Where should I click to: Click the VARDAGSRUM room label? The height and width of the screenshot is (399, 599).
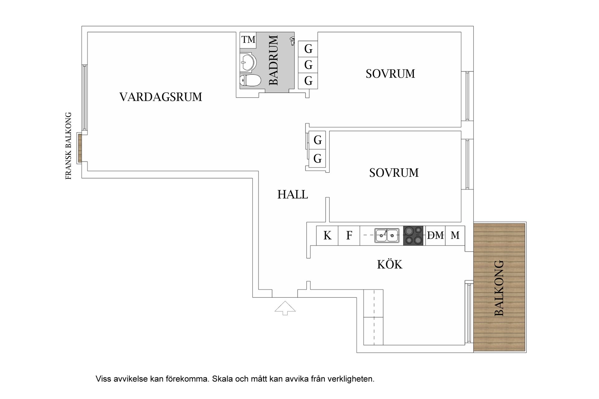click(x=161, y=97)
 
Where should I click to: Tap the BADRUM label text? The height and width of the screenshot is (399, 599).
click(x=273, y=60)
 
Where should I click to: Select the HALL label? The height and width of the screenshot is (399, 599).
click(x=292, y=195)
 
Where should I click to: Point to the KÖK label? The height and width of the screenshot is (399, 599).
click(x=390, y=265)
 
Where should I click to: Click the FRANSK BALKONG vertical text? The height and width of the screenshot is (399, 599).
click(x=68, y=146)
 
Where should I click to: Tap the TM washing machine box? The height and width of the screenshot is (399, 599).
click(x=248, y=40)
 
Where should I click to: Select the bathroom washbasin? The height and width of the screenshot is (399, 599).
click(x=248, y=62)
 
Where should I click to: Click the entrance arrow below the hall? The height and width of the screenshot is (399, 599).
click(x=285, y=308)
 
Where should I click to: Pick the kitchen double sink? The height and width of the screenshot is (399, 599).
click(x=387, y=235)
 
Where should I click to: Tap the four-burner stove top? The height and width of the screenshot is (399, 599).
click(x=413, y=235)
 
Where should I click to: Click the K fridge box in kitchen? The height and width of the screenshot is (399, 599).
click(x=327, y=236)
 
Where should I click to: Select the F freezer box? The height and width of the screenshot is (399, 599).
click(x=349, y=236)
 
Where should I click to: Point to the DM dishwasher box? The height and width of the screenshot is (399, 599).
click(x=435, y=235)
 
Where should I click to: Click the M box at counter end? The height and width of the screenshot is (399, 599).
click(x=455, y=235)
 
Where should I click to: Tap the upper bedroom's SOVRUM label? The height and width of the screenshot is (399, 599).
click(x=390, y=74)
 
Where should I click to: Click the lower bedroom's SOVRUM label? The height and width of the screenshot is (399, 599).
click(x=394, y=173)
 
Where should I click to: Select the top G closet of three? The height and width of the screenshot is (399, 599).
click(x=308, y=49)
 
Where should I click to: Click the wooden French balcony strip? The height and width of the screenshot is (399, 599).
click(x=80, y=148)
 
